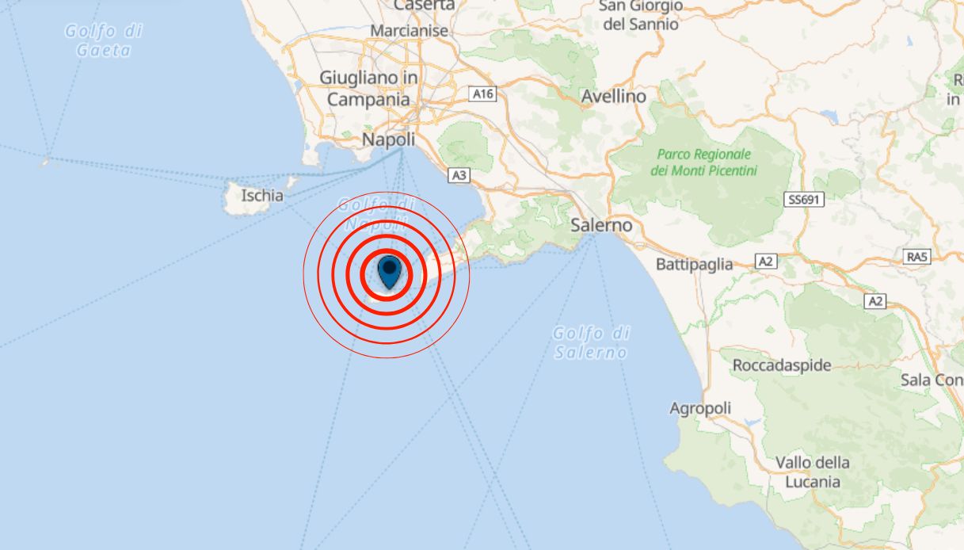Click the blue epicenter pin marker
coord(389,271)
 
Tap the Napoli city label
coord(388,139)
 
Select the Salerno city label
coord(602,225)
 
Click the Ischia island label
coord(262,194)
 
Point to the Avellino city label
coord(613,97)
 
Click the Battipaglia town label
coord(695,264)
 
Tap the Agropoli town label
coord(700,408)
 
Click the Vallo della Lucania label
coord(812,472)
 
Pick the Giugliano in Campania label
coord(368,88)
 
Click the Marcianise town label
coord(410,31)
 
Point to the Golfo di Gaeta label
coord(104,40)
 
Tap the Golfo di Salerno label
coord(591,342)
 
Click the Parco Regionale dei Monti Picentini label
coord(703,162)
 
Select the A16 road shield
coord(482,94)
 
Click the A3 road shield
coord(458,175)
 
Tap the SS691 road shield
coord(805,201)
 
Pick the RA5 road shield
coord(917,256)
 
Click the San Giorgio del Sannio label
coord(641,15)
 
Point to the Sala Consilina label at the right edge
coord(932,380)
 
